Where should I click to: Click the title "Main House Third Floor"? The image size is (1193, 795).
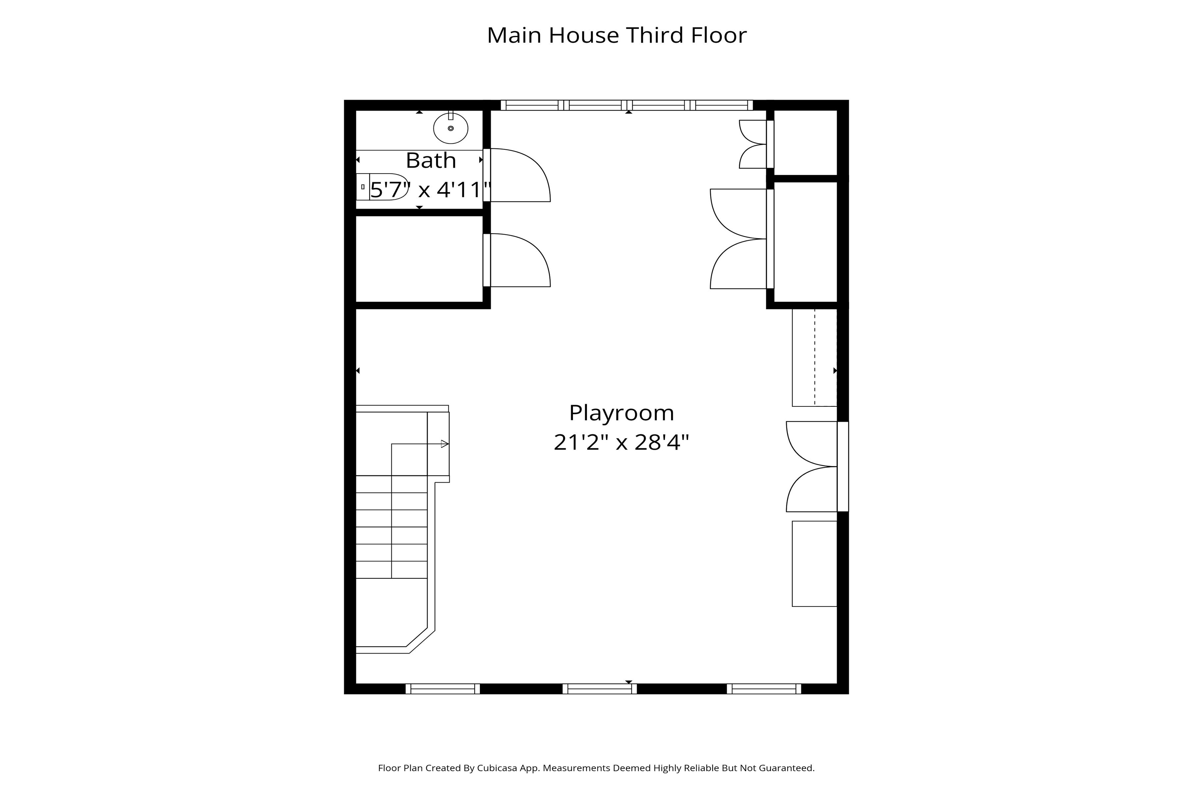coord(617,35)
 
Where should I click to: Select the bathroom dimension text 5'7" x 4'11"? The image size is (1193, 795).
coord(430,190)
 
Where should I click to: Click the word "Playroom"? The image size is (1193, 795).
coord(621,413)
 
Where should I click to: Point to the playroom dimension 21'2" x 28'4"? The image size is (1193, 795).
coord(621,442)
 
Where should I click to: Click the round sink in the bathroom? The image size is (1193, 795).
coord(450,128)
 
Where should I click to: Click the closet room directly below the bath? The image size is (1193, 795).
coord(419,259)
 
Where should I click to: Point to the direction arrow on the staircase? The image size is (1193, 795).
coord(420,444)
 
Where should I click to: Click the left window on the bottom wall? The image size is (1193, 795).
coord(442,689)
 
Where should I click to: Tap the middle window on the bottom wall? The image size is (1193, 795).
coord(599,689)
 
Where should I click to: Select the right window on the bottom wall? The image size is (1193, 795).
coord(764,689)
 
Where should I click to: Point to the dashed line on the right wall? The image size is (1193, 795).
coord(815,357)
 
